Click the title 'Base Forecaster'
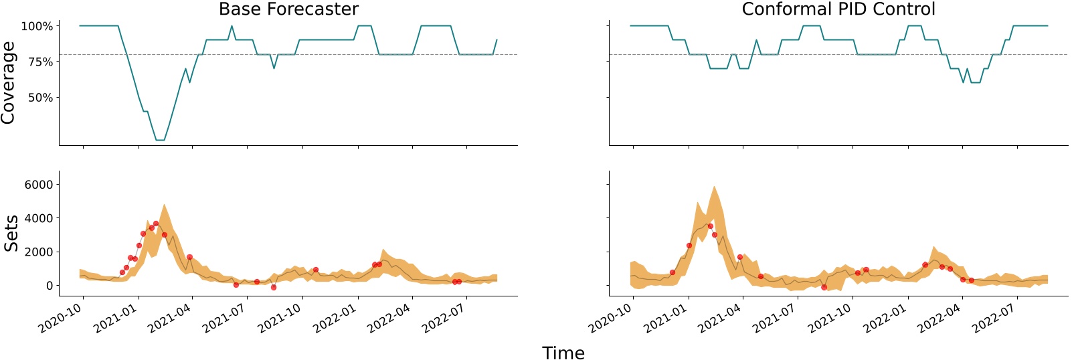click(x=288, y=9)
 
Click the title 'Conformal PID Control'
click(x=838, y=9)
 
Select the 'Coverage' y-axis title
click(x=9, y=82)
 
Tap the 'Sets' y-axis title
click(x=11, y=234)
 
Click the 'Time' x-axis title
click(x=563, y=353)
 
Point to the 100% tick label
click(x=37, y=27)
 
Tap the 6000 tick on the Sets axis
click(x=38, y=185)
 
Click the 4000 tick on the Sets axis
click(x=38, y=218)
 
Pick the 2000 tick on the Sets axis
click(x=38, y=252)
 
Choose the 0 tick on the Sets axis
click(x=50, y=286)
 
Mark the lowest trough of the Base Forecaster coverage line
click(x=160, y=140)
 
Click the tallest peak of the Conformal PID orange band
click(x=714, y=187)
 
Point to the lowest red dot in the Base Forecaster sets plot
click(x=274, y=287)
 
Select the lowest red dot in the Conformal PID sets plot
click(x=824, y=287)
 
